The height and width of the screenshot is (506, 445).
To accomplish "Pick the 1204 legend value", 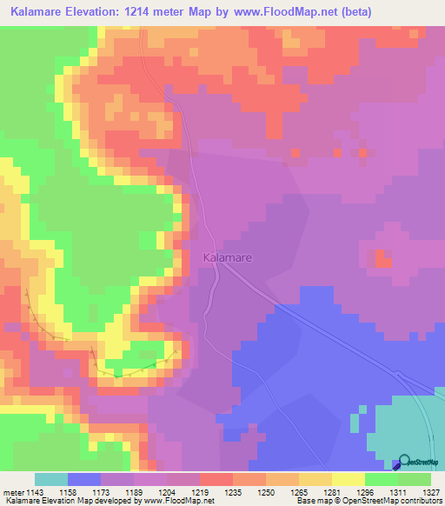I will (x=167, y=492).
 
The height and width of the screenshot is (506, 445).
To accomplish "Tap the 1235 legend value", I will (x=233, y=492).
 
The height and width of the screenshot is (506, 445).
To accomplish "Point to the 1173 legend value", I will (x=101, y=492).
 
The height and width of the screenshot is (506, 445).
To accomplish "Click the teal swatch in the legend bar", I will (x=51, y=479).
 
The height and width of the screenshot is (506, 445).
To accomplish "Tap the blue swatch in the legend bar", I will (x=84, y=479).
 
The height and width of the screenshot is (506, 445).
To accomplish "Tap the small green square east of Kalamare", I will (x=382, y=257).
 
